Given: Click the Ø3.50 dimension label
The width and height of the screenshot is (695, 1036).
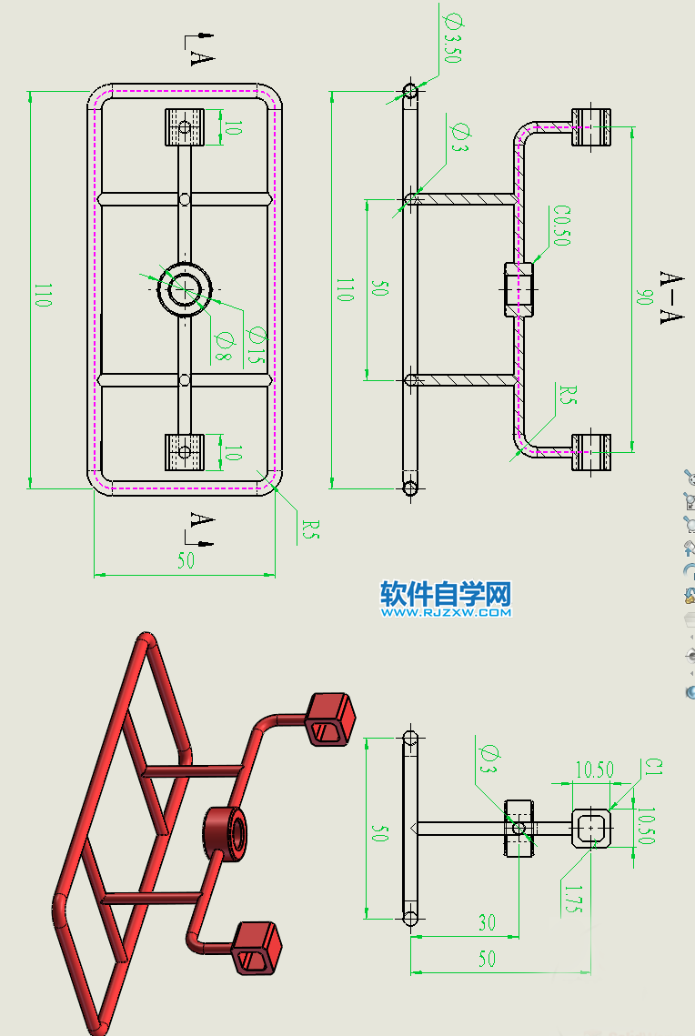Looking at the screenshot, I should click(452, 37).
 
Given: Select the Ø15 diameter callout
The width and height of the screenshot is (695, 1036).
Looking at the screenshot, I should click(257, 347).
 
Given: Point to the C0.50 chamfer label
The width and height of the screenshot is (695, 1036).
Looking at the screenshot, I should click(560, 226).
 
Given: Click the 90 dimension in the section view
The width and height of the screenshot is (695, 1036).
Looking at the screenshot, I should click(644, 297).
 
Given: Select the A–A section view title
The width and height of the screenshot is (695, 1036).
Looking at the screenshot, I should click(671, 297).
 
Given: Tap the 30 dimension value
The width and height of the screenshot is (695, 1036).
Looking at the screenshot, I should click(487, 922).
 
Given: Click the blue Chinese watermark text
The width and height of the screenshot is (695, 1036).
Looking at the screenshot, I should click(446, 594).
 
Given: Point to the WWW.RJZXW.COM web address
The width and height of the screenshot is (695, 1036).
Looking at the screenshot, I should click(446, 613).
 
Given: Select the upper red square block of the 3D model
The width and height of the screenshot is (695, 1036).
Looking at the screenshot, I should click(328, 718).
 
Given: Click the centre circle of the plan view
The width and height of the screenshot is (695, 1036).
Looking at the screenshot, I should click(186, 288).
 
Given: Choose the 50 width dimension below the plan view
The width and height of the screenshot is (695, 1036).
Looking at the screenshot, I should click(186, 561).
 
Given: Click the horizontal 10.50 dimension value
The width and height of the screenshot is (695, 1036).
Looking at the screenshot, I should click(593, 770).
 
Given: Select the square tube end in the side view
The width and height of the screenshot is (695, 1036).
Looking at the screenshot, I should click(592, 829).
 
